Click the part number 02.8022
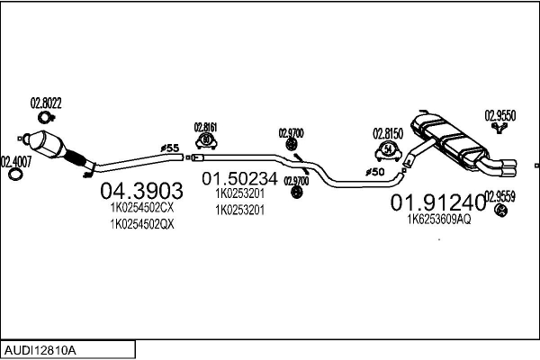coord(46,103)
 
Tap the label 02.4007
coord(15,161)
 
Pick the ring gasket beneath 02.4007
coord(15,175)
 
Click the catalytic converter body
coord(51,146)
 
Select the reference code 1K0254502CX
coord(141,207)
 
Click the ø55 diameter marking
coord(168,147)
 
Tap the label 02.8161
coord(206,127)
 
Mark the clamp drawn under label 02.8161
coord(206,140)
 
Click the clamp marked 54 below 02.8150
coord(387,148)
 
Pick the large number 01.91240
coord(436,202)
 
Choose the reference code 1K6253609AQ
coord(438,219)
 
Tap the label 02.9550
coord(500,115)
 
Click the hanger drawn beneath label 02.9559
coord(501,211)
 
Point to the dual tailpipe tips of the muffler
coord(505,167)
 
